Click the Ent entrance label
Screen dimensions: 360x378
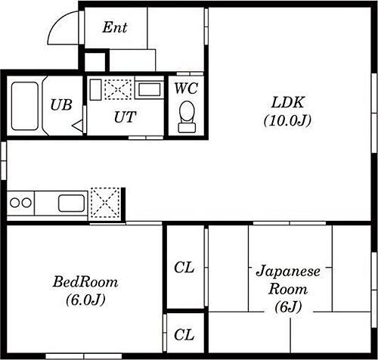point(115,28)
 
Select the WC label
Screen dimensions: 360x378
point(185,88)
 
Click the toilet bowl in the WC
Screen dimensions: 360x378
point(185,116)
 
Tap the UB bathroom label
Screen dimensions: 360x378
point(61,105)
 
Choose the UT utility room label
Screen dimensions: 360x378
point(125,116)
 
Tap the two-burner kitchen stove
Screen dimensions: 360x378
point(21,203)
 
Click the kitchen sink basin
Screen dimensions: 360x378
point(73,203)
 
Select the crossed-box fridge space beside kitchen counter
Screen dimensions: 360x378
point(105,203)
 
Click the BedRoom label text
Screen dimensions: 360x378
point(85,282)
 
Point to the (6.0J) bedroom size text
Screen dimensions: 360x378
point(85,299)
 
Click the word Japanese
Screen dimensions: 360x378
point(289,272)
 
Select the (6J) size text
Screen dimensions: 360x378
point(289,308)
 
